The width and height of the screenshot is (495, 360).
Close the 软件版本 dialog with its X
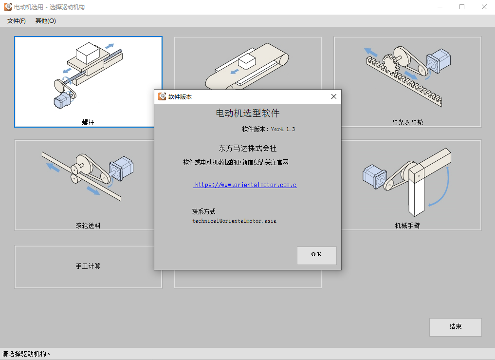coord(334,97)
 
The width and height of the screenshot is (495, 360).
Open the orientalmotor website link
coord(245,185)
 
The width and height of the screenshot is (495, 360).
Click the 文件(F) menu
coord(17,21)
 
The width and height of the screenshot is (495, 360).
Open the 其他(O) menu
coord(45,21)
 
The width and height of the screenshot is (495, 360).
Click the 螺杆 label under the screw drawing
coord(88,122)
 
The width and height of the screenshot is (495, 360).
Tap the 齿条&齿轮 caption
coord(407,122)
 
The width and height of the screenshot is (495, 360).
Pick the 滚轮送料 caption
coord(88,226)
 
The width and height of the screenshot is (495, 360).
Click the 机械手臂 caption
coord(407,226)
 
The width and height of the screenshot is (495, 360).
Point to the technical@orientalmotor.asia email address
coord(234,221)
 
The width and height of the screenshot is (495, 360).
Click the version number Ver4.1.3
coord(283,129)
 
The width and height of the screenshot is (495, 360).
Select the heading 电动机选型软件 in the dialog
coord(248,113)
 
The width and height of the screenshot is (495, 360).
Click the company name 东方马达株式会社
coord(248,148)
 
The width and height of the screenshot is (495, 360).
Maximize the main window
coord(462,7)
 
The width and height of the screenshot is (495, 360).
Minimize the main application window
coord(440,7)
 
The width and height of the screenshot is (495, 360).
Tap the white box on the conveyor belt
coord(247,61)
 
